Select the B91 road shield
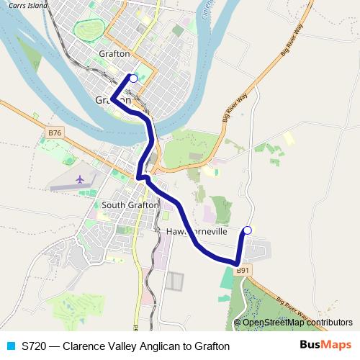[x=244, y=270]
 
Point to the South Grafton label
[x=130, y=205]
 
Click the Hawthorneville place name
[x=197, y=233]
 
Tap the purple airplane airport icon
[x=78, y=178]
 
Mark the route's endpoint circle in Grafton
[x=132, y=78]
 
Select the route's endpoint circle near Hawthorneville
[x=247, y=230]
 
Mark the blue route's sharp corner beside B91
[x=236, y=262]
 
